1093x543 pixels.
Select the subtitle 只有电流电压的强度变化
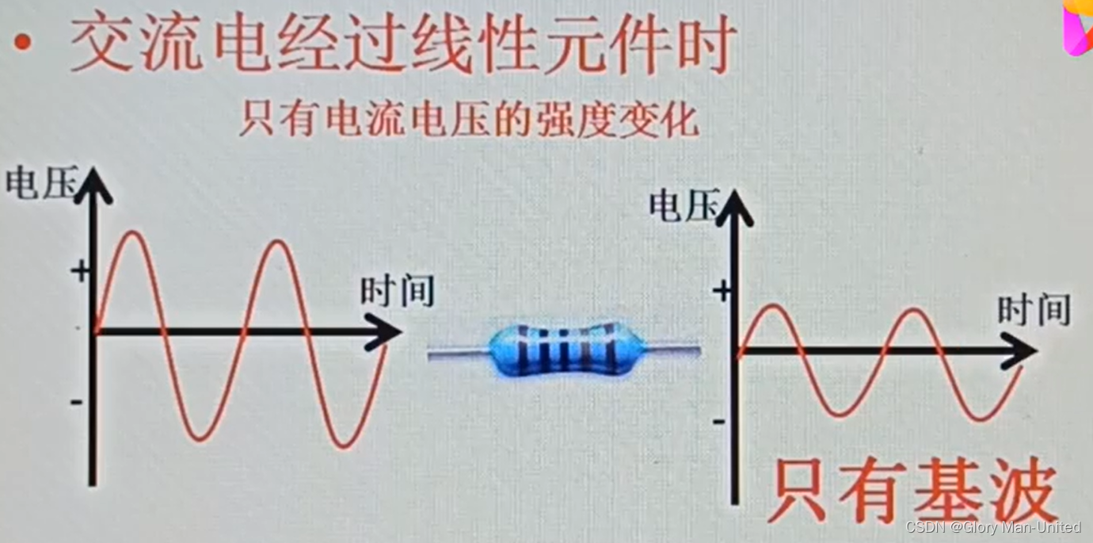click(468, 120)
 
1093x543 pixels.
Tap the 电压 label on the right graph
click(684, 205)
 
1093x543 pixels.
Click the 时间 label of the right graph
click(1034, 310)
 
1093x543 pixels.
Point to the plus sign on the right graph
click(721, 292)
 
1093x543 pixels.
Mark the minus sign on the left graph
click(77, 403)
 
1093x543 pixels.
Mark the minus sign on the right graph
click(718, 421)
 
